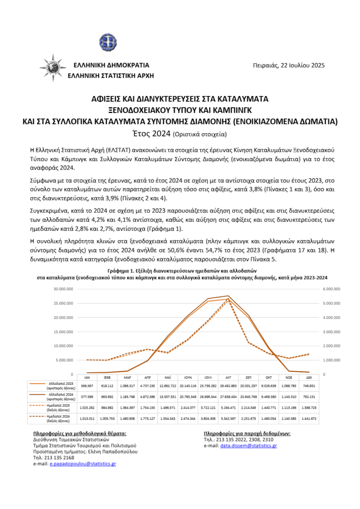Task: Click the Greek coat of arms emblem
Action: [x=108, y=41]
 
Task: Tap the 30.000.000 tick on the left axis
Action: [x=63, y=289]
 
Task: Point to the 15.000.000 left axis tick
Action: [x=63, y=332]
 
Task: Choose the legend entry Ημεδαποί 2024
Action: [x=59, y=418]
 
